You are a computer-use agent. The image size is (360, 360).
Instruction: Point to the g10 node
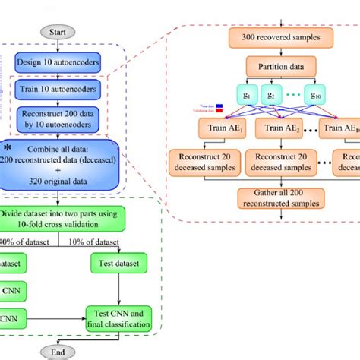click(335, 97)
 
